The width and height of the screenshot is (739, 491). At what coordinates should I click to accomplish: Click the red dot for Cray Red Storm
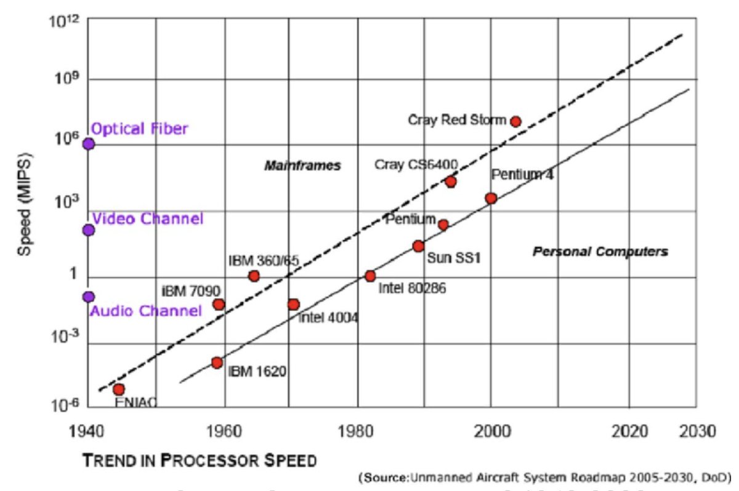pos(515,122)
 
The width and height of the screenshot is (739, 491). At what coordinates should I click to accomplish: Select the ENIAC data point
pos(119,389)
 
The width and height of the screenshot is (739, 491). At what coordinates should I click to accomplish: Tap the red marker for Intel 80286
pos(370,276)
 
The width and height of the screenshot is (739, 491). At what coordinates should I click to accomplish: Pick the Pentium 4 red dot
pos(491,198)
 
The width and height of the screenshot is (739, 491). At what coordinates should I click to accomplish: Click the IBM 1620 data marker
pos(217,362)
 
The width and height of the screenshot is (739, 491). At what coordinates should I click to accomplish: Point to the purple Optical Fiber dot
pos(89,144)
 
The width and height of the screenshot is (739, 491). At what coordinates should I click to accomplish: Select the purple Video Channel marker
pos(89,230)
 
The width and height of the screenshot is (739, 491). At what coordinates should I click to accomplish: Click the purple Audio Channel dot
pos(89,297)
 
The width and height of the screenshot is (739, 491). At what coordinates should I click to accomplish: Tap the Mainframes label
pos(302,166)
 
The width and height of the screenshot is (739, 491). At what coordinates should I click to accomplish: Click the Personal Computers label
pos(600,252)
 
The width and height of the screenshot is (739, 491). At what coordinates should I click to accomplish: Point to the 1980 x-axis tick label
pos(358,432)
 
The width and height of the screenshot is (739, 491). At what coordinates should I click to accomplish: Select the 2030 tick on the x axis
pos(696,432)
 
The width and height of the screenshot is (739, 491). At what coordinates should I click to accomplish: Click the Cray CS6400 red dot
pos(451,182)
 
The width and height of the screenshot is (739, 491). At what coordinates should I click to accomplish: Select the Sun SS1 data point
pos(418,246)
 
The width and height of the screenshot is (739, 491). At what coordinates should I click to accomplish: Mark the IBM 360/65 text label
pos(264,260)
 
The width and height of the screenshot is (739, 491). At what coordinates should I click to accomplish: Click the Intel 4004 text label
pos(328,318)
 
